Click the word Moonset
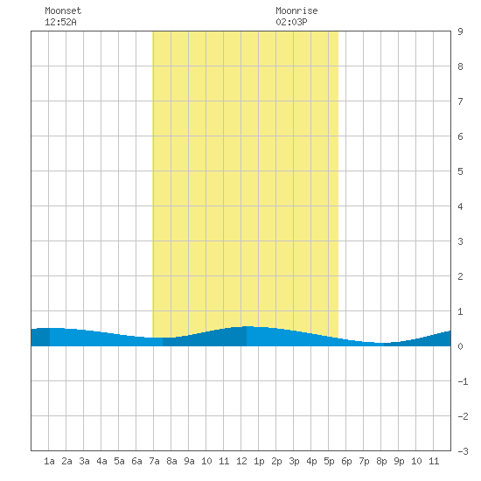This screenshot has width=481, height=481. [x=63, y=10]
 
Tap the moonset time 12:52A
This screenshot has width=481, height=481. [x=60, y=22]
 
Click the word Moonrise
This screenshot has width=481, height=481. [x=296, y=10]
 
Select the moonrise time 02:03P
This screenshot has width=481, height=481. [x=291, y=22]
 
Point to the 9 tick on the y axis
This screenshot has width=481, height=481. [x=460, y=31]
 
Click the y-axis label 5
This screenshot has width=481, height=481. [x=460, y=171]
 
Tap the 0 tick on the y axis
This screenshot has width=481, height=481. [x=460, y=346]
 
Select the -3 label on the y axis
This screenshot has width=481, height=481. [x=463, y=451]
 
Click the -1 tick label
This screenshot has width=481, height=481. [x=463, y=381]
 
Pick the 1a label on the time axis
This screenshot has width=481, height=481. [x=49, y=461]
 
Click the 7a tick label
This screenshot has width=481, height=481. [x=154, y=461]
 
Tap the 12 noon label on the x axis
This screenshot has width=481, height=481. [x=241, y=461]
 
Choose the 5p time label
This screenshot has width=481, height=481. [x=329, y=461]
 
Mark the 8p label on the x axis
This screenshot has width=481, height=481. [x=381, y=461]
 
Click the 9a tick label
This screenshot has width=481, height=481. [x=189, y=461]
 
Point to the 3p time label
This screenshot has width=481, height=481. [x=294, y=461]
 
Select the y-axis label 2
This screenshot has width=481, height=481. [x=460, y=276]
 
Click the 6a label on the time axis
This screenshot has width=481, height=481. [x=136, y=461]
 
